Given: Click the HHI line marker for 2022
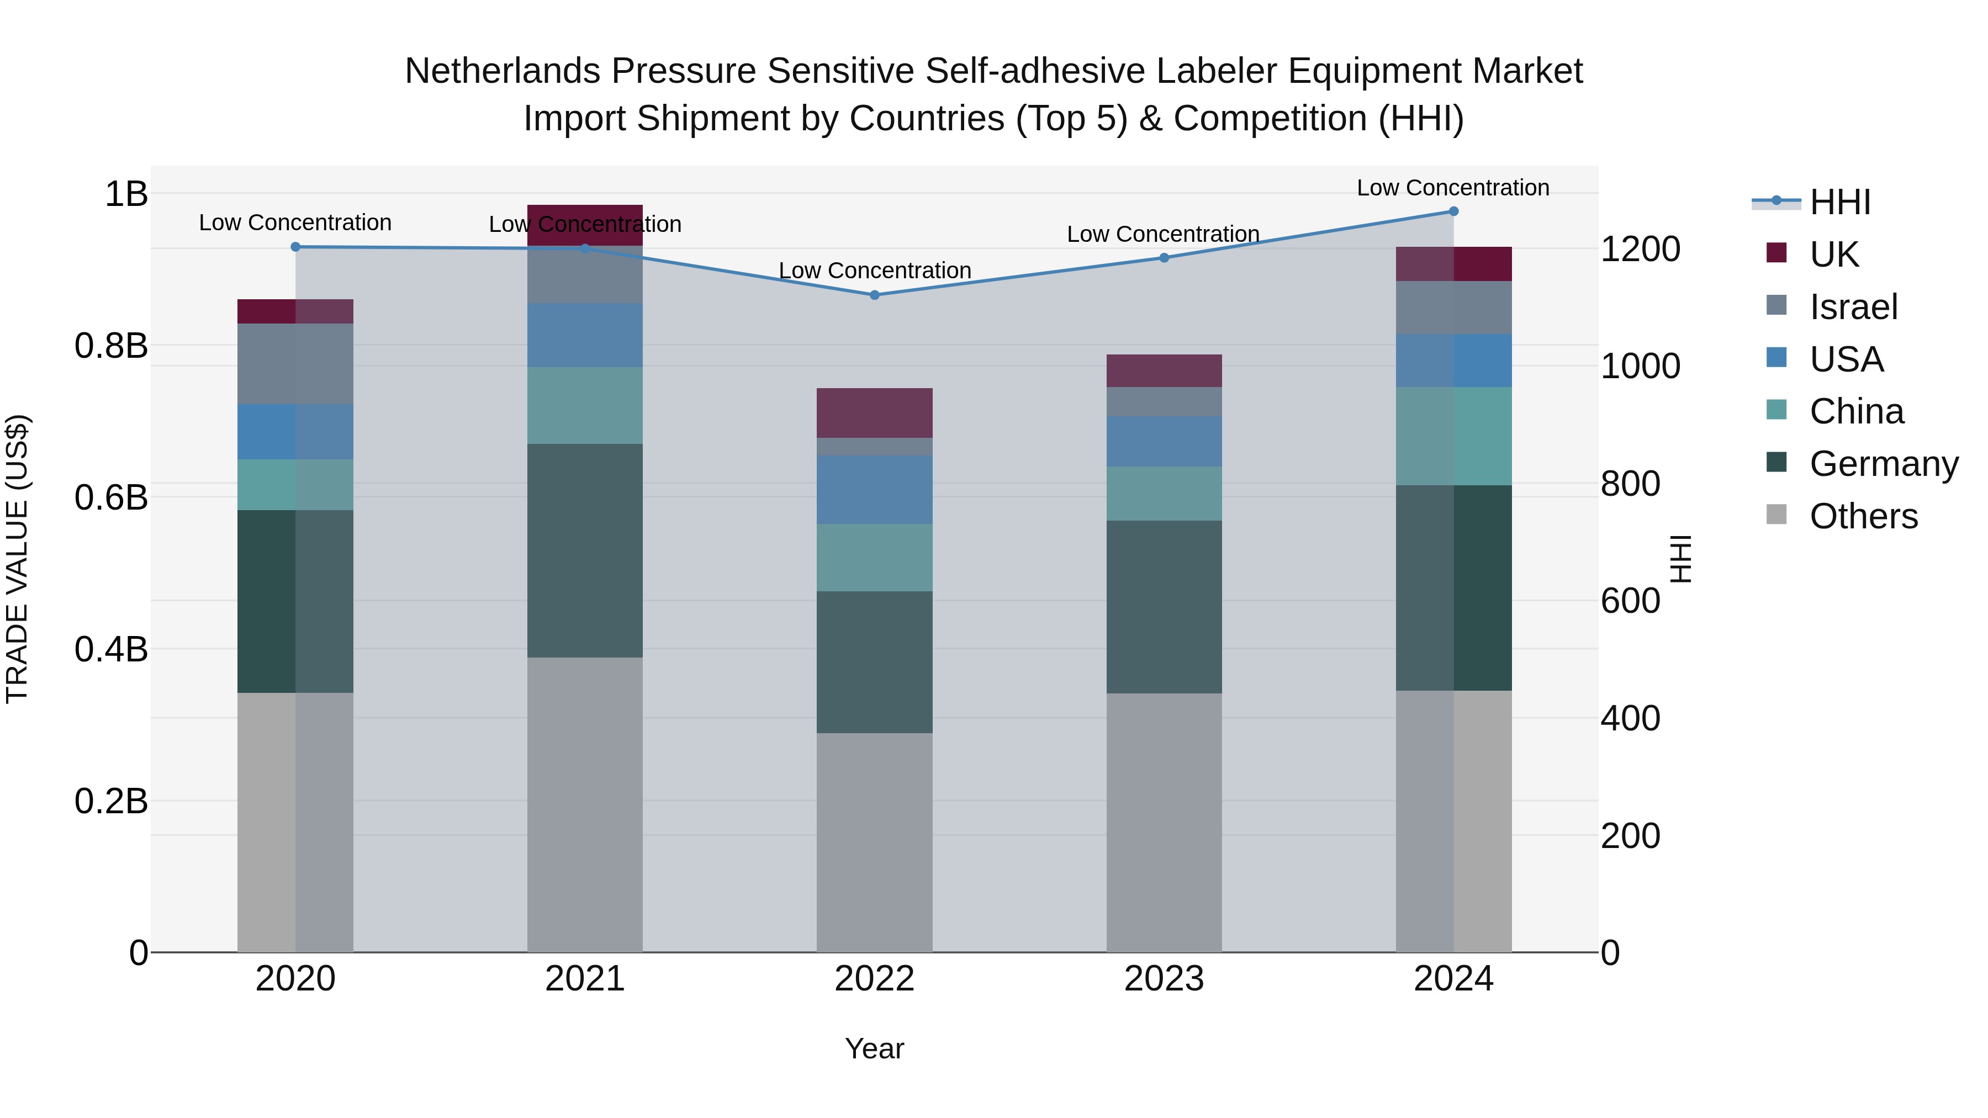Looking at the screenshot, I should tap(874, 295).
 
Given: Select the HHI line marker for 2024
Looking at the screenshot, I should tap(1453, 211).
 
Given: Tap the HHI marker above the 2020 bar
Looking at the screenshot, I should tap(295, 247).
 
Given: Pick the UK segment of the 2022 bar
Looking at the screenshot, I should tap(874, 413).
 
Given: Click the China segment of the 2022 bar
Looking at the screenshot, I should tap(874, 557).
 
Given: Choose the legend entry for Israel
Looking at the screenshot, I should tap(1853, 307).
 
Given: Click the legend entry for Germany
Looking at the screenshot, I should tap(1883, 464).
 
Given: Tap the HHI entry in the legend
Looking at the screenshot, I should tap(1839, 202).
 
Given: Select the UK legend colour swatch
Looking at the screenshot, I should tap(1776, 253).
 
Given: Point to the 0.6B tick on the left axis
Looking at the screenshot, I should tap(111, 497).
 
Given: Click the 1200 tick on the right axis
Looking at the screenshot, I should tap(1640, 249).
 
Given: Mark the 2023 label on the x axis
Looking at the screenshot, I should tap(1164, 979).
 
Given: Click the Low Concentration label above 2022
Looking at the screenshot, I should tap(874, 271).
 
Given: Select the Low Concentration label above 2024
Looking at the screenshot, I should tap(1452, 188).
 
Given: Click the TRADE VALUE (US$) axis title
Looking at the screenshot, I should tap(17, 559).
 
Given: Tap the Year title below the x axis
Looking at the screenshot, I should tap(874, 1048).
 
